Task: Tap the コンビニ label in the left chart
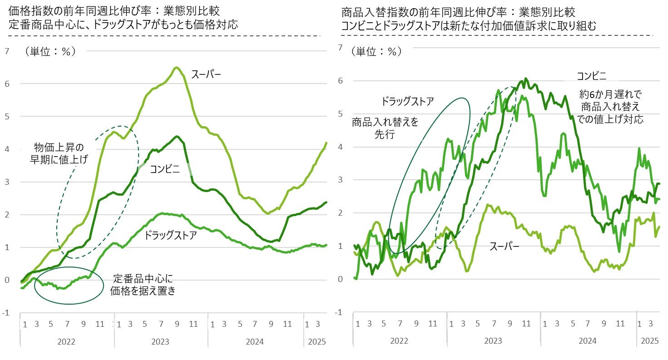coord(165,169)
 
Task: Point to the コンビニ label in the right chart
coord(591,76)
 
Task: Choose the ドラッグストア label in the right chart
coord(407,101)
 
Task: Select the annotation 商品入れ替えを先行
coord(385,128)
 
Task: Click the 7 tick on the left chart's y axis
coord(6,51)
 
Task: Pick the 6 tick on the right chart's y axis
coord(340,81)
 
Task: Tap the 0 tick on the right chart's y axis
coord(340,279)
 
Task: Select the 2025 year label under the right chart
coord(649,341)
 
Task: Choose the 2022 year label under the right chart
coord(399,341)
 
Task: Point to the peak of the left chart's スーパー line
coord(176,68)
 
